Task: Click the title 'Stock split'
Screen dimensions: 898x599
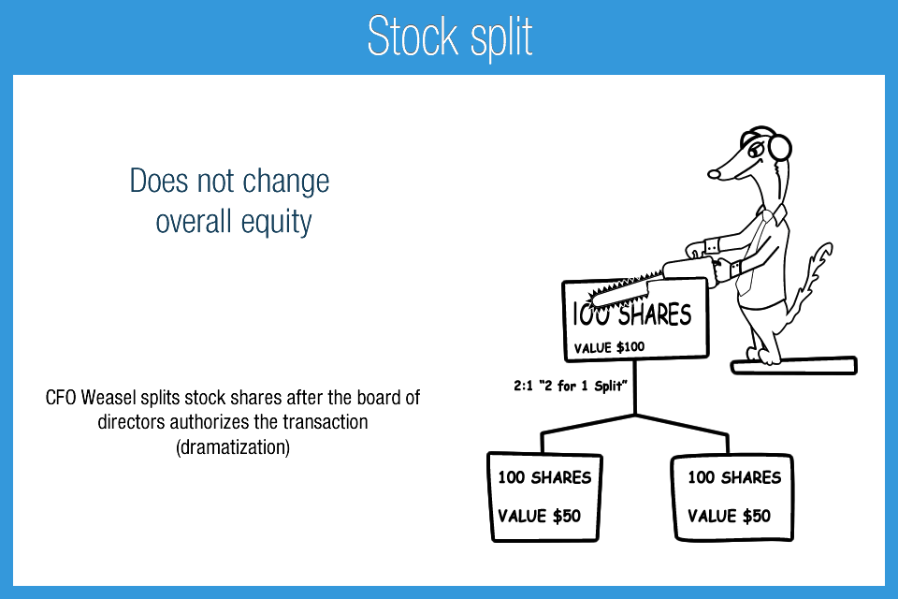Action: pyautogui.click(x=450, y=37)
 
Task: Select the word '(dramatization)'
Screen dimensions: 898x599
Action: pyautogui.click(x=233, y=446)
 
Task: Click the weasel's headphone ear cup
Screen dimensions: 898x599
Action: pyautogui.click(x=779, y=146)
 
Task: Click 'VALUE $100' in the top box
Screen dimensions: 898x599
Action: pyautogui.click(x=610, y=347)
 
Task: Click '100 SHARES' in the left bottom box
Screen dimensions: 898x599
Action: pyautogui.click(x=544, y=477)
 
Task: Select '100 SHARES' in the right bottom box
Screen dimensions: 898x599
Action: pyautogui.click(x=734, y=477)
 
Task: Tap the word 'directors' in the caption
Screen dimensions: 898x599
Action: pyautogui.click(x=131, y=422)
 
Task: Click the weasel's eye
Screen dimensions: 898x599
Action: pyautogui.click(x=748, y=150)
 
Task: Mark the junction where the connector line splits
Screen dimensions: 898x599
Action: pyautogui.click(x=636, y=415)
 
